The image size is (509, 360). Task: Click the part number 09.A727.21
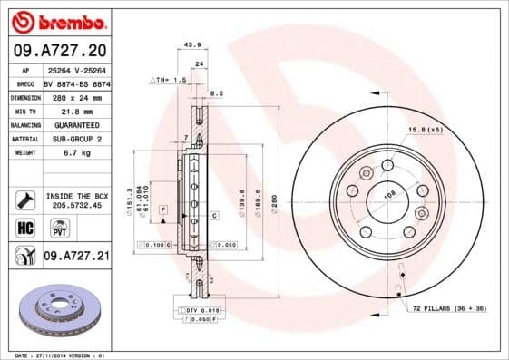pyautogui.click(x=76, y=258)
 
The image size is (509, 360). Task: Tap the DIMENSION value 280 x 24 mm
pyautogui.click(x=76, y=96)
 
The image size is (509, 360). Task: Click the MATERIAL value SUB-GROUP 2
pyautogui.click(x=75, y=139)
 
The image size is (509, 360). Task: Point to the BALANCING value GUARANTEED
pyautogui.click(x=75, y=124)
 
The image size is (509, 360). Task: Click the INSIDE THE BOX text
pyautogui.click(x=77, y=196)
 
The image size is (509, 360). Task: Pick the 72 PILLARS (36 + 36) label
pyautogui.click(x=448, y=309)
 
